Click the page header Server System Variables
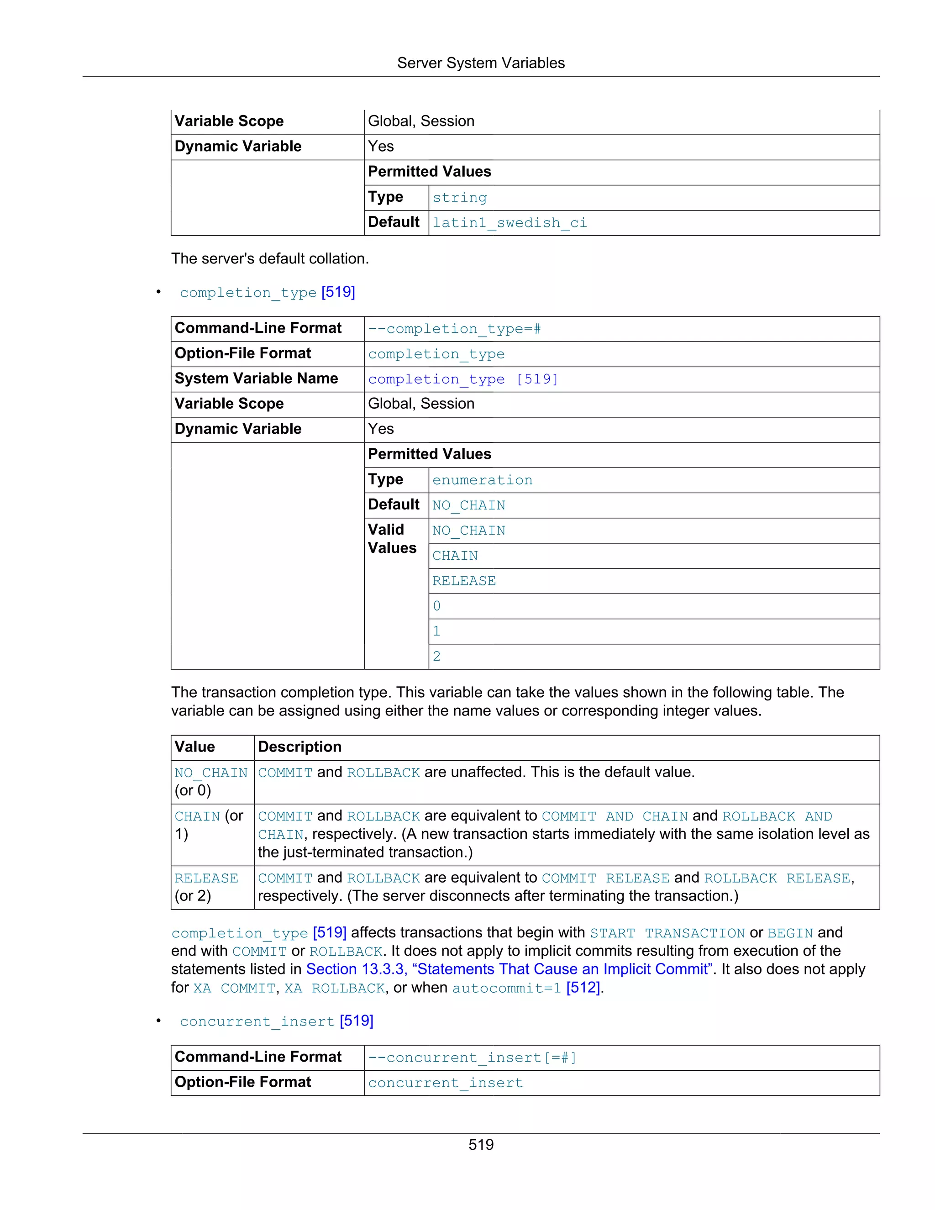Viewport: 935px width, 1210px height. (480, 63)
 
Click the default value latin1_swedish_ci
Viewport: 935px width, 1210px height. (509, 223)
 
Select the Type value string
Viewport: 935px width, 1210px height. (459, 198)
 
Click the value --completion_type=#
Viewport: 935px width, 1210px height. (454, 329)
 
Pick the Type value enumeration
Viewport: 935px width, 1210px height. (482, 480)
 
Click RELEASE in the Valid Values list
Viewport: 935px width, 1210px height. (464, 581)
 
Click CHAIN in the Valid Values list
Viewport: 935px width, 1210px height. (455, 556)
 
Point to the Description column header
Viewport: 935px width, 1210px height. (299, 747)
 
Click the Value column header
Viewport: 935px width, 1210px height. (194, 747)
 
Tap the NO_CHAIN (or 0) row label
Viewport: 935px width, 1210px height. (210, 781)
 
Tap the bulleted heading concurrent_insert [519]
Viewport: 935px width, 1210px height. (276, 1021)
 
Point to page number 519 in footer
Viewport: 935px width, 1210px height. (480, 1145)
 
